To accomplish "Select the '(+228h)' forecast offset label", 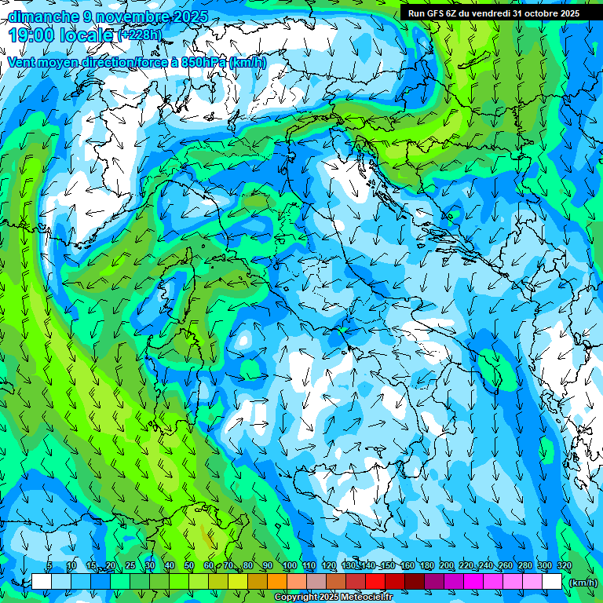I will point(140,35).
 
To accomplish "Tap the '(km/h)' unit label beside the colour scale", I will point(583,582).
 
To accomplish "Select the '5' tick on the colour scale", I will point(49,565).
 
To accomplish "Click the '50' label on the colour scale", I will point(189,565).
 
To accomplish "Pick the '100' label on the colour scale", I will point(289,565).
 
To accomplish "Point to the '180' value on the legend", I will point(426,565).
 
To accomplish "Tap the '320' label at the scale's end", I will point(564,565).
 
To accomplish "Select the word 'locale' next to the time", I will point(88,35).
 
